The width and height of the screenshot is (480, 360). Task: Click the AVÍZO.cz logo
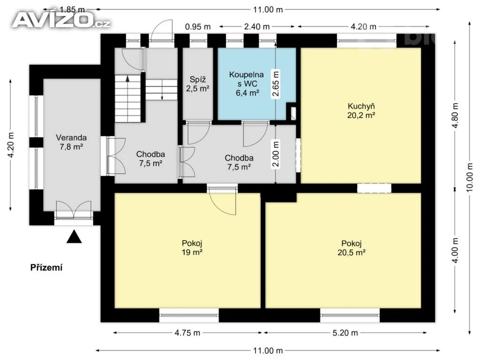(61, 20)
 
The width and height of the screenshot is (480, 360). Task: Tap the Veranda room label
(71, 142)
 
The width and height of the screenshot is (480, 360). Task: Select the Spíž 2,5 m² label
(198, 84)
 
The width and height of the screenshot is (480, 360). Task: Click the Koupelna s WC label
(247, 83)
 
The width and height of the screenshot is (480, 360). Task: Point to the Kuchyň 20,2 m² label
(361, 111)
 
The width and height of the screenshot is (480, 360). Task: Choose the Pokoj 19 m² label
(192, 247)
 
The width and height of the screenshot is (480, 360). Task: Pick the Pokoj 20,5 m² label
(352, 247)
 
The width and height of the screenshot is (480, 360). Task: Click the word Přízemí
(46, 268)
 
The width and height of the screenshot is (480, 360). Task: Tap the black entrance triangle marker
(74, 237)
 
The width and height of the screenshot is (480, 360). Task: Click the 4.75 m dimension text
(187, 333)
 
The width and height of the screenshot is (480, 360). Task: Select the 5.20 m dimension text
(345, 333)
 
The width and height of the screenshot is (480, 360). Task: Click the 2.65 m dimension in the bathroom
(276, 83)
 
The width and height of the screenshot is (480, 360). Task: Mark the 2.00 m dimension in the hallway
(276, 154)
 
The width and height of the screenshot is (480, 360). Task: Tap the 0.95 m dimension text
(198, 27)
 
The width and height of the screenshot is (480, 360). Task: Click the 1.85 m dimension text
(72, 10)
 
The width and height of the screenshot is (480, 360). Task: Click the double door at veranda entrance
(74, 210)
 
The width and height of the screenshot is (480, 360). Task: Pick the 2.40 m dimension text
(257, 27)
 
